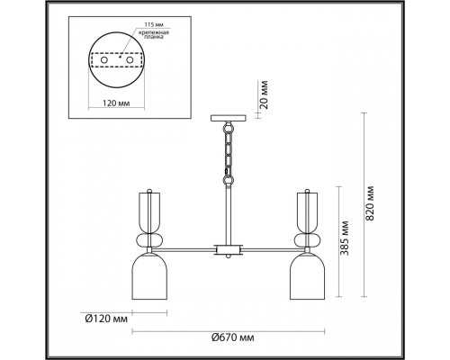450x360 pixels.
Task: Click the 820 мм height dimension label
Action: point(371,203)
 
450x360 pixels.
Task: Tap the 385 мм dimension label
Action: point(346,238)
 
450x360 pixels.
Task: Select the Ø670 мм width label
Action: point(233,338)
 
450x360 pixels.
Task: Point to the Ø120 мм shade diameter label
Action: point(106,319)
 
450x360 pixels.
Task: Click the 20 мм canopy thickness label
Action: point(263,94)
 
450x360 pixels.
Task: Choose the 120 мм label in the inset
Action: point(116,103)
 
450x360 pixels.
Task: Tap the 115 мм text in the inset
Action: point(154,24)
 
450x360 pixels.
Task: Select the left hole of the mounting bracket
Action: point(103,60)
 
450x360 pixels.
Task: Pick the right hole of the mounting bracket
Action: point(130,60)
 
